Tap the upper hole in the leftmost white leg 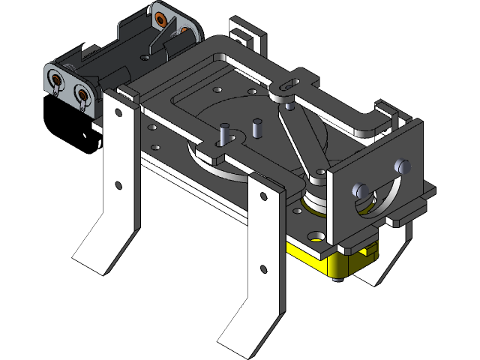click(x=118, y=114)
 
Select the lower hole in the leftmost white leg click(x=118, y=184)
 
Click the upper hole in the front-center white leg click(x=262, y=196)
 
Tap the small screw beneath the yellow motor click(x=334, y=280)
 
